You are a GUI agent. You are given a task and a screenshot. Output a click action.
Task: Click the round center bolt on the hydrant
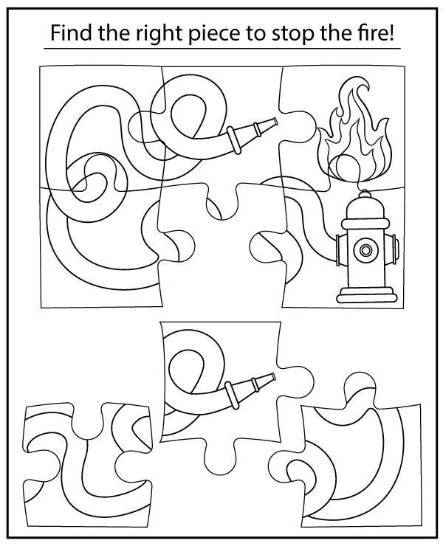tap(365, 250)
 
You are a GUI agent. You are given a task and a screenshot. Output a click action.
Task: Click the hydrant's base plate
tap(366, 298)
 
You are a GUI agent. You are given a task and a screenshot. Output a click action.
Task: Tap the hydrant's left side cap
tap(337, 249)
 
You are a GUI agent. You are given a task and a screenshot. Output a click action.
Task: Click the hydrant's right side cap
tap(396, 249)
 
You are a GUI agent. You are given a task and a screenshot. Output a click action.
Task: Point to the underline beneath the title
tap(221, 49)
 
